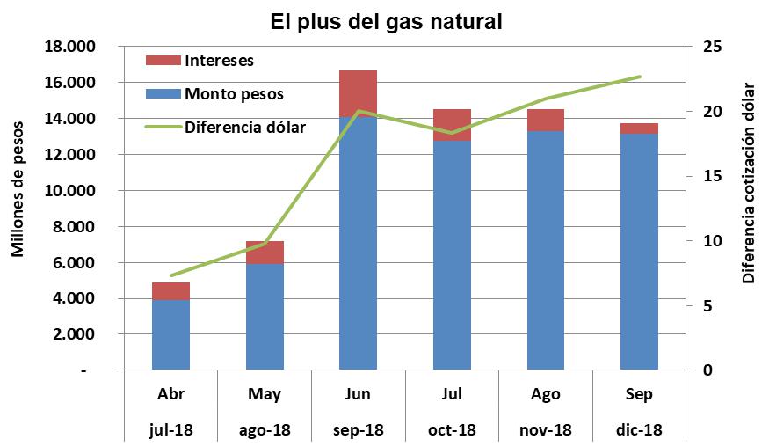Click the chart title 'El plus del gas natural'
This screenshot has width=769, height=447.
(x=386, y=21)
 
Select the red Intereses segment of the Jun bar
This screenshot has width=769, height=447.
(x=358, y=93)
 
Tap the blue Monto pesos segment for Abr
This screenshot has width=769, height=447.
(x=170, y=335)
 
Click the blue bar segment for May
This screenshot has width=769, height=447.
(x=265, y=317)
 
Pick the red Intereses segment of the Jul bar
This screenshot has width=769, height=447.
(x=452, y=125)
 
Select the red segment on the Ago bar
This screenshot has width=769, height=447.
(x=546, y=121)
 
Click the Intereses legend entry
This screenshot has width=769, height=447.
(x=219, y=61)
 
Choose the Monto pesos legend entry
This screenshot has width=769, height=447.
(x=234, y=93)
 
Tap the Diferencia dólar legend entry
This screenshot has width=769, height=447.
(x=244, y=127)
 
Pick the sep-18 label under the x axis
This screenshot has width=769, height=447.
(x=358, y=430)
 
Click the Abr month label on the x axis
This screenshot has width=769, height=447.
(x=170, y=394)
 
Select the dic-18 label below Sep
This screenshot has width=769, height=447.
(x=639, y=430)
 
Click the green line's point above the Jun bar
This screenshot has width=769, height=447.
(x=358, y=112)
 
